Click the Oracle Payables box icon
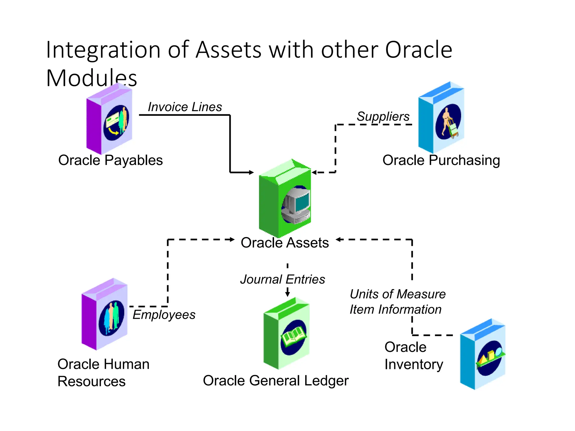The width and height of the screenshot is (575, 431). coord(109,119)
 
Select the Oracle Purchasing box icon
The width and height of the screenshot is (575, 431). coord(441,118)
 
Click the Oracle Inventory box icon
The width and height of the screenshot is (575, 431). coord(483,355)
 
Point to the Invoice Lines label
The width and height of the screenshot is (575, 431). coord(185,107)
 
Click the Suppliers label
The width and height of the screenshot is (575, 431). coord(383,116)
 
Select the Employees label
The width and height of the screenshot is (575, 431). coord(164,315)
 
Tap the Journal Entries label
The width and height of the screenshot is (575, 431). coord(282,279)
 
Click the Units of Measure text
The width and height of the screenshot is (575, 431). coord(398,294)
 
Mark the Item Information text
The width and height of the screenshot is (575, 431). coord(395,310)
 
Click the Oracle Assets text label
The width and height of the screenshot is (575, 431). coord(285,243)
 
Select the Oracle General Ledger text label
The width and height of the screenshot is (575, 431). coord(276,381)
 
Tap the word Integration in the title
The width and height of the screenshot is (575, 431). coord(103,50)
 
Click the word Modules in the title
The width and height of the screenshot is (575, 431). coord(92,78)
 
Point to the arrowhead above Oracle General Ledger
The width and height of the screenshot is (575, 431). coord(287,294)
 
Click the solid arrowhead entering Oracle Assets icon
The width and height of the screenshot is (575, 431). coord(251,172)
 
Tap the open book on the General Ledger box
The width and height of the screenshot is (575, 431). coord(294,336)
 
